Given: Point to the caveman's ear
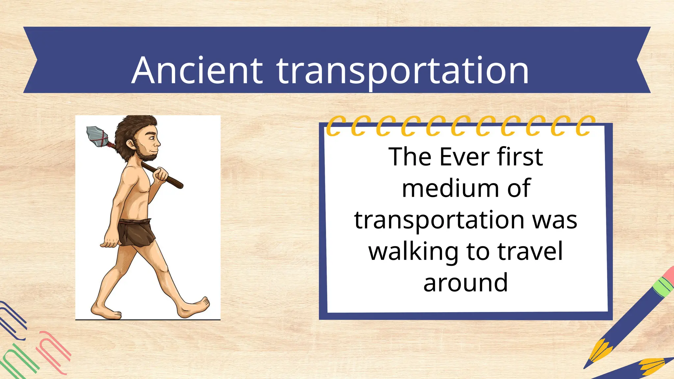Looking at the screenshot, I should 130,144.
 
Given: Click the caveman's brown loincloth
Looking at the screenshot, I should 136,232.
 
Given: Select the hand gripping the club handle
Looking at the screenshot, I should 161,174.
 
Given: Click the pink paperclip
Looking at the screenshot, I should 53,352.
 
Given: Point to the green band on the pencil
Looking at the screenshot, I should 662,286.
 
